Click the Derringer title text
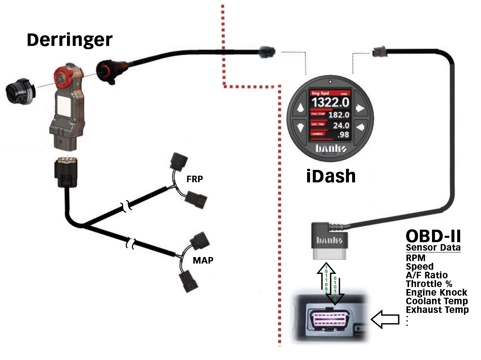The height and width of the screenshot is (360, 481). [69, 40]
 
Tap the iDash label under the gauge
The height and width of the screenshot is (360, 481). [331, 176]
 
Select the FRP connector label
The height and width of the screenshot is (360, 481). [194, 179]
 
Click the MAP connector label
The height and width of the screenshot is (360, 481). [203, 260]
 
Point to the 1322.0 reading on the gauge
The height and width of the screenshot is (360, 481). [330, 103]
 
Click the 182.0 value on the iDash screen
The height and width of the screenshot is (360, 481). [338, 115]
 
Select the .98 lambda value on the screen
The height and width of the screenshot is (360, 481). [343, 135]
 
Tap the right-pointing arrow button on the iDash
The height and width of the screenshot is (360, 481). [360, 108]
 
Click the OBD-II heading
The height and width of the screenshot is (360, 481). [433, 237]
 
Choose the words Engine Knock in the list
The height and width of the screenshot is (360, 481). [436, 292]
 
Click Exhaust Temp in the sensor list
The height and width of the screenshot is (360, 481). [437, 310]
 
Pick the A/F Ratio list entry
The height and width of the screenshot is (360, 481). [427, 275]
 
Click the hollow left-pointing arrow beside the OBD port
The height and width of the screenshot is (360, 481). [385, 319]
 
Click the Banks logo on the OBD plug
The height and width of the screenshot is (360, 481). [329, 240]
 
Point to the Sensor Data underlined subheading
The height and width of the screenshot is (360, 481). [433, 248]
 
